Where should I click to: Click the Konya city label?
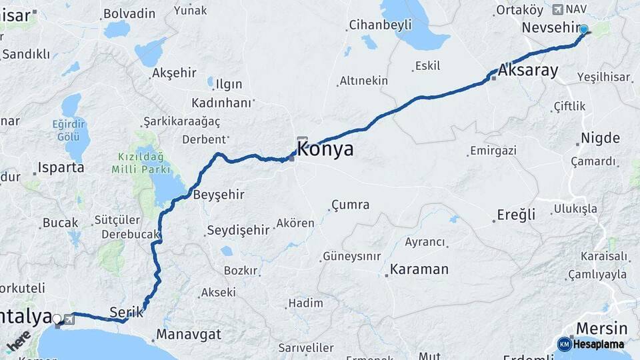[x=325, y=149]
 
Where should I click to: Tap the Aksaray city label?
[x=528, y=71]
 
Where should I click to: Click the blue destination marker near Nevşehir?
[x=584, y=29]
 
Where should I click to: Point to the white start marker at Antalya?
[x=57, y=319]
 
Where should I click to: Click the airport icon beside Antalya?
[x=69, y=319]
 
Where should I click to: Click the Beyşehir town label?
[x=219, y=195]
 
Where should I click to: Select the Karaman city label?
[x=419, y=269]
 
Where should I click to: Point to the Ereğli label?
[x=516, y=215]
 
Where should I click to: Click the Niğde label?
[x=600, y=138]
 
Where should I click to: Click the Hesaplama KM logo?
[x=591, y=344]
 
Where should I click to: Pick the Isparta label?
[x=61, y=167]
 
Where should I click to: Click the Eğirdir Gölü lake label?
[x=69, y=131]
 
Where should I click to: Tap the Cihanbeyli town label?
[x=380, y=25]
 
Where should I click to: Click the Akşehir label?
[x=176, y=73]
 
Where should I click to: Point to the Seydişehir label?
[x=238, y=230]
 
